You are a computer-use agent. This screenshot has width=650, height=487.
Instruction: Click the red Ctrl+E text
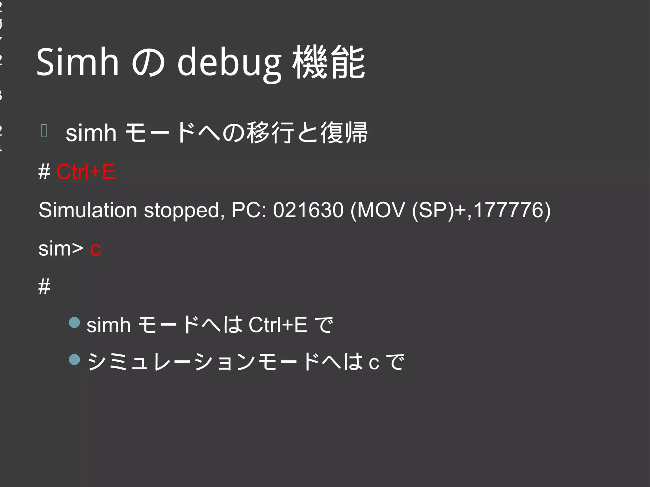click(x=86, y=172)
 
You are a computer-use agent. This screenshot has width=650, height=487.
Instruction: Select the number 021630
click(x=308, y=210)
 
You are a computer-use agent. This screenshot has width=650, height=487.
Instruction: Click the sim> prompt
click(x=61, y=248)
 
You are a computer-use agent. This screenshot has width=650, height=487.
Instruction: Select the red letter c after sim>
click(x=95, y=249)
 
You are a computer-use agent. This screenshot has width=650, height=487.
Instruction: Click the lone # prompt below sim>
click(x=44, y=286)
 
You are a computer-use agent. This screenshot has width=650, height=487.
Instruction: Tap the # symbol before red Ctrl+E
click(x=44, y=172)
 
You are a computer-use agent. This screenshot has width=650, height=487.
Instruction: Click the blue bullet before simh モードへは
click(x=74, y=322)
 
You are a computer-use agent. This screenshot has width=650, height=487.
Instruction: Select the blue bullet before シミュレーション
click(x=74, y=359)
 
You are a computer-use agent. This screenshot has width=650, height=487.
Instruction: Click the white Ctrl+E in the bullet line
click(x=278, y=325)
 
